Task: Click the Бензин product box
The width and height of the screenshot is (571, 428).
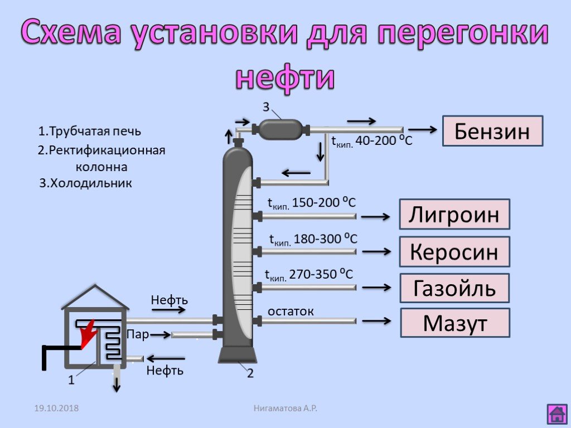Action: tap(492, 131)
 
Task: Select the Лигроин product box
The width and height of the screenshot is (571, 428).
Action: tap(454, 214)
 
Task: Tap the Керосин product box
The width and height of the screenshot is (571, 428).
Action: tap(454, 252)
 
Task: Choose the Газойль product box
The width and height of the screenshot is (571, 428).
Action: tap(454, 289)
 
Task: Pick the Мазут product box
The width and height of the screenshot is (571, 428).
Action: tap(454, 323)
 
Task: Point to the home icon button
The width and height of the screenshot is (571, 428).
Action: tap(557, 414)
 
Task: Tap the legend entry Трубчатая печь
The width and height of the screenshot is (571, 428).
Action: tap(90, 132)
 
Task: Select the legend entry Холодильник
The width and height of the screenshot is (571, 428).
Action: tap(86, 183)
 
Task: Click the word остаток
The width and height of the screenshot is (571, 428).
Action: tap(291, 312)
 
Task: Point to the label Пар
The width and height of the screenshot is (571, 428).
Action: tap(137, 334)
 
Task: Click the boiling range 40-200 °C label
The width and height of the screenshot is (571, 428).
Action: tap(372, 142)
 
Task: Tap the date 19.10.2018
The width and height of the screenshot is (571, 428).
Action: tap(56, 408)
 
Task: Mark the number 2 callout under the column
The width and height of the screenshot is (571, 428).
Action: tap(250, 373)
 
